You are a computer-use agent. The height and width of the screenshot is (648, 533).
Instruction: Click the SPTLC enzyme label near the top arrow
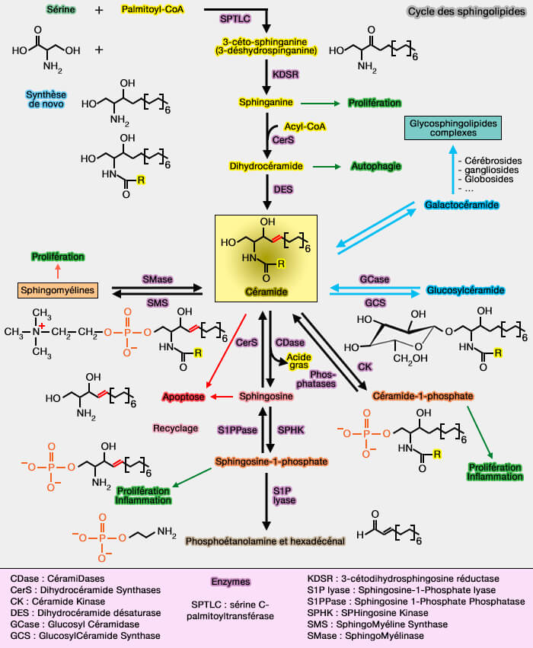234,17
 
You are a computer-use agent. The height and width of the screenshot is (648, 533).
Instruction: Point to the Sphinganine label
266,101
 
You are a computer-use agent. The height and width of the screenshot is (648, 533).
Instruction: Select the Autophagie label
375,165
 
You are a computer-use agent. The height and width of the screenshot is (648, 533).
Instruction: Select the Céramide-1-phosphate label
424,397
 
